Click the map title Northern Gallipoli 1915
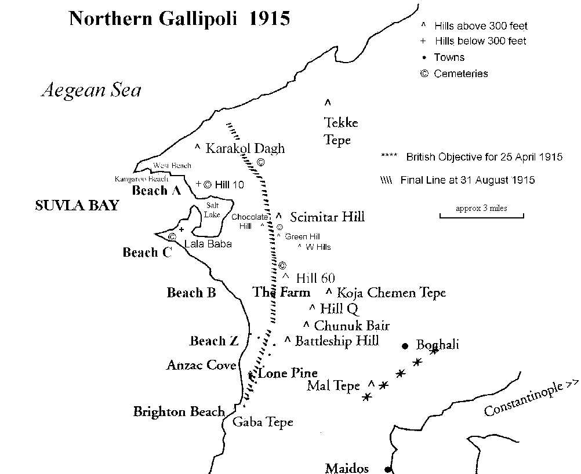point(179,19)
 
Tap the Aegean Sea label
point(92,90)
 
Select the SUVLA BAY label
point(77,206)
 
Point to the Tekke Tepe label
point(341,131)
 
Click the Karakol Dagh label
point(245,148)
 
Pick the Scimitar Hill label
point(328,217)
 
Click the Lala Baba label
point(208,244)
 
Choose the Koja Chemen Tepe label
point(391,293)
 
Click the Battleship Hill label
point(337,341)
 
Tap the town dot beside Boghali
point(405,346)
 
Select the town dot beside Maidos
point(388,469)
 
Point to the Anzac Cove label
point(201,365)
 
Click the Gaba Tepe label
point(263,422)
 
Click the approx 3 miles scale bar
point(481,217)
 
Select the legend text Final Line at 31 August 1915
point(467,180)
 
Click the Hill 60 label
point(315,278)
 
